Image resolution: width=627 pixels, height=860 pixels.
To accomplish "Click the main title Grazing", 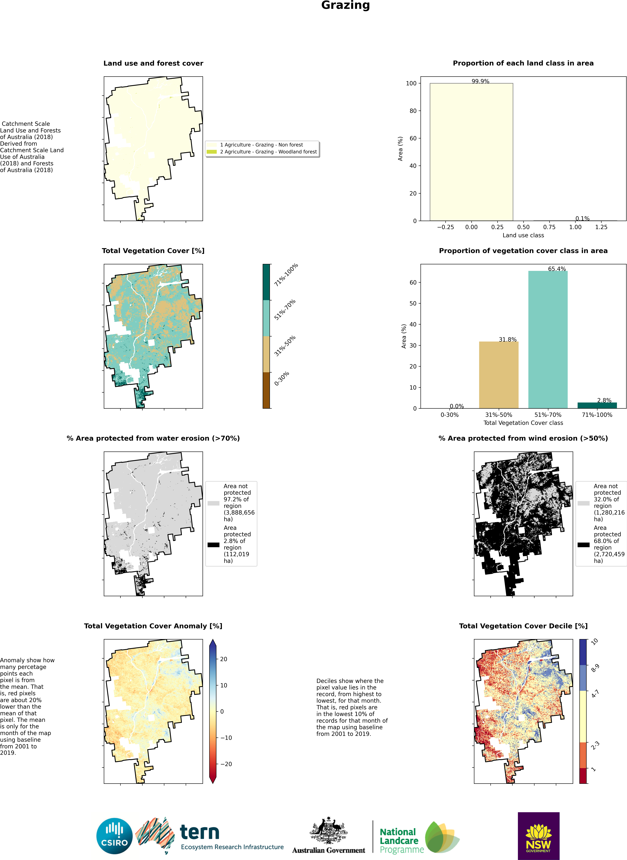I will (345, 5).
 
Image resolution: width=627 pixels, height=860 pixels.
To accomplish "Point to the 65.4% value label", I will (557, 269).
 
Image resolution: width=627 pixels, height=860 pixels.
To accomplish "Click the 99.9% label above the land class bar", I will (480, 81).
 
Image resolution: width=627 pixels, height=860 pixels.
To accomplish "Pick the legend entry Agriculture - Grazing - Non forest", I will (261, 145).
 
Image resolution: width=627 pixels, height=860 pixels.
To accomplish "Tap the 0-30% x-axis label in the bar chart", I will (449, 415).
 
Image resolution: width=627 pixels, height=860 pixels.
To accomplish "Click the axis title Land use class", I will (523, 235).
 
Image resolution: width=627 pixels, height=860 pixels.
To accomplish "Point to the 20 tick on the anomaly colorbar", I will (224, 659).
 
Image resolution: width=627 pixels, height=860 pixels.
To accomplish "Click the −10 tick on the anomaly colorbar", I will (226, 738).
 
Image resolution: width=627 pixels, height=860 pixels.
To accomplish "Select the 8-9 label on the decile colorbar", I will (595, 668).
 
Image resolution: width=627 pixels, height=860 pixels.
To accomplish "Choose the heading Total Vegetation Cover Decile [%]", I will (523, 626).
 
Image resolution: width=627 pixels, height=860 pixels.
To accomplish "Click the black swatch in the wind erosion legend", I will (583, 545).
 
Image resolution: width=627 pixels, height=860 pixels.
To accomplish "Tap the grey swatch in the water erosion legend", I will (213, 503).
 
